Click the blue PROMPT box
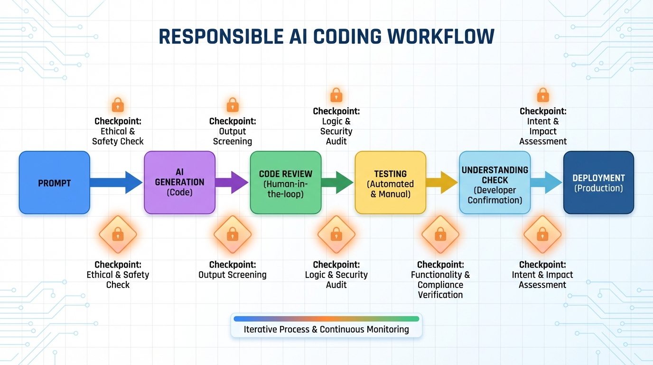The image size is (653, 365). tap(54, 182)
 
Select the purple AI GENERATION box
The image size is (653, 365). tap(179, 182)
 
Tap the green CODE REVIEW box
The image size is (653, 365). tap(285, 182)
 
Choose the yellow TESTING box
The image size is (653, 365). tap(390, 182)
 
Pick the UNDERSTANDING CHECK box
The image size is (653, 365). tap(494, 182)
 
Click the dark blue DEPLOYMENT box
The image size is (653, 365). tap(598, 182)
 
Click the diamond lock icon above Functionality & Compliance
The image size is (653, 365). tap(440, 234)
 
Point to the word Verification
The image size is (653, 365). tap(440, 295)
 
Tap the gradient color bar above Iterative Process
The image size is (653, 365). tap(326, 319)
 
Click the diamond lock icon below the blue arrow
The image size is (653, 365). tap(118, 234)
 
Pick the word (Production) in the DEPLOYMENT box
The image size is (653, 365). tap(598, 188)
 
